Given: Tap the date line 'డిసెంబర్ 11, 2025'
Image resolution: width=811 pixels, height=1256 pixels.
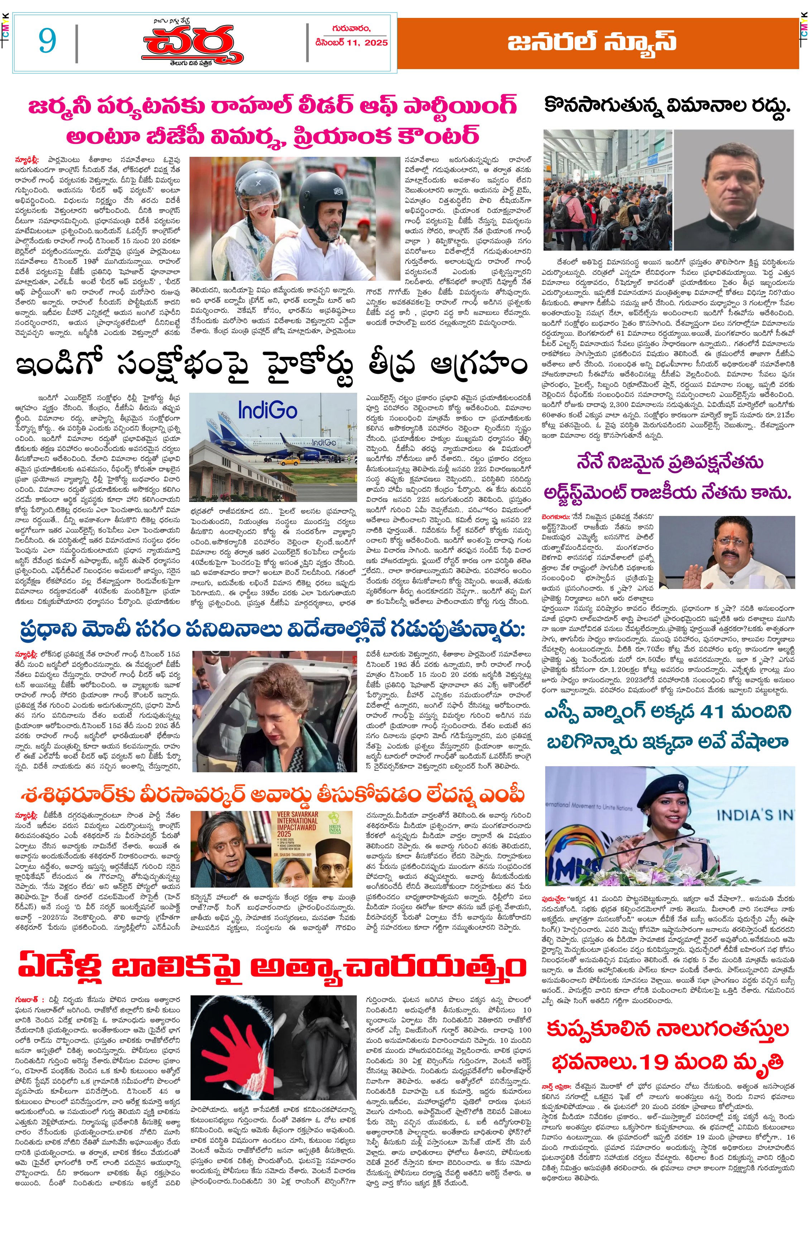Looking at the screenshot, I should click(x=351, y=43).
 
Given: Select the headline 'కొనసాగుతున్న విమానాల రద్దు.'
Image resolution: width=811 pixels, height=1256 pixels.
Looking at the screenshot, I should click(x=667, y=106).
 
